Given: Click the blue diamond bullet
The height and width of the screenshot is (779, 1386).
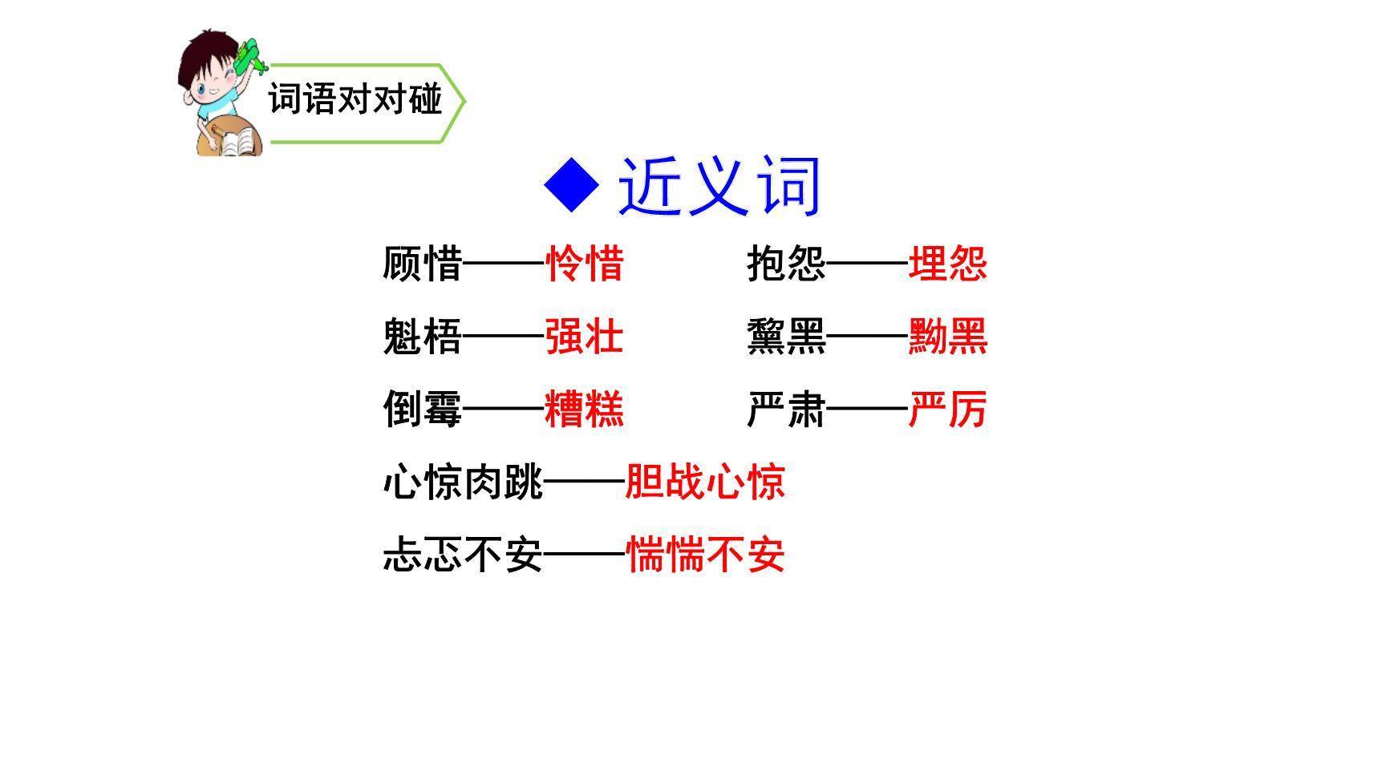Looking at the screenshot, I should coord(571,184).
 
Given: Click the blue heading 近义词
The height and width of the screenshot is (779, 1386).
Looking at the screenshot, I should coord(719,186).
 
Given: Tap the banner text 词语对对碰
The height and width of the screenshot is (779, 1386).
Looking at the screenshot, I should coord(355,99).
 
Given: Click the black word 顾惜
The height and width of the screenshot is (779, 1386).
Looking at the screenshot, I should coord(422,264).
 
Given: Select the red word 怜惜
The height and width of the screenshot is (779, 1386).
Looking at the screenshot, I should coord(584,264).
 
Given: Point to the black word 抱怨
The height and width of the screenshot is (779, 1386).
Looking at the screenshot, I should coord(786,264).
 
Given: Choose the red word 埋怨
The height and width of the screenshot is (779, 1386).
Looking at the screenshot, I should coord(947,264).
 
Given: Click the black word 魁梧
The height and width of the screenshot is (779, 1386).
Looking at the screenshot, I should coord(422,337).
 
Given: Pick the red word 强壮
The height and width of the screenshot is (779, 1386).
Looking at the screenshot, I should coord(584,337).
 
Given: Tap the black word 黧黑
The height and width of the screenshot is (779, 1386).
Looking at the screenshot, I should coord(786,337).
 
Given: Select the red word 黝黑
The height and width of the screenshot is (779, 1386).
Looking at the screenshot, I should coord(947,337).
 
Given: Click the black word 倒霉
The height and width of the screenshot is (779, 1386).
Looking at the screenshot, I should coord(422,410).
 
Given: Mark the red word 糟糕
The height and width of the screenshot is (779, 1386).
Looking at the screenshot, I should coord(584,410).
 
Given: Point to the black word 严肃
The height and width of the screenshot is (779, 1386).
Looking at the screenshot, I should coord(786,410).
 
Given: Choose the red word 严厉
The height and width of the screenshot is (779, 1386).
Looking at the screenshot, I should coord(947,410).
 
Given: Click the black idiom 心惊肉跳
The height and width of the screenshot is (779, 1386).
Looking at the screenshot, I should coord(463,482).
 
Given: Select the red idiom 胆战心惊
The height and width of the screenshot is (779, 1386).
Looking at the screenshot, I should coord(705,482).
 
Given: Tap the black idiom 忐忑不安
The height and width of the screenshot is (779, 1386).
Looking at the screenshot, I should coord(463,555).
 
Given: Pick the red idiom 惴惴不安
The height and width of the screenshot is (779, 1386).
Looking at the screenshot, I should coord(705,555).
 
